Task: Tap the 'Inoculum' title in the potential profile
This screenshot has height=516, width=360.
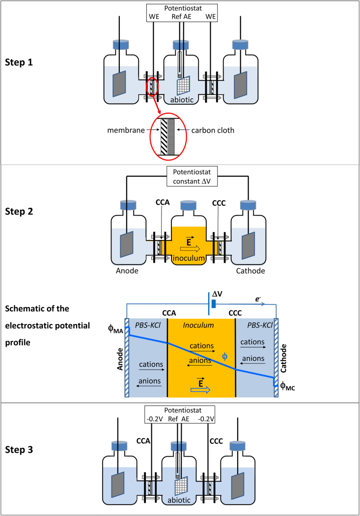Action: (201, 325)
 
